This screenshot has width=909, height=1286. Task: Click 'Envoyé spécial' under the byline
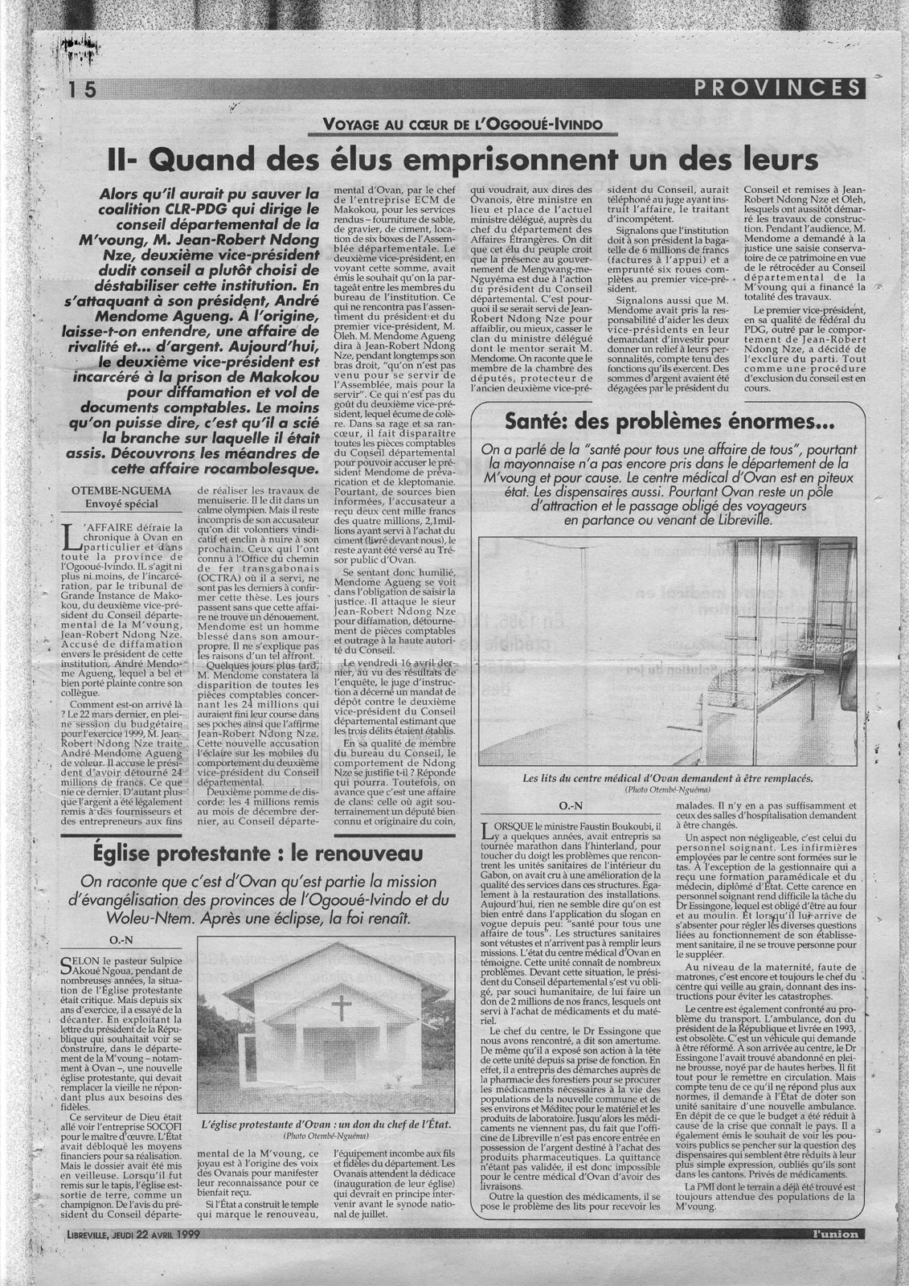113,504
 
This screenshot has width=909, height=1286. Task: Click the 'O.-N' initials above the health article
569,805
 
